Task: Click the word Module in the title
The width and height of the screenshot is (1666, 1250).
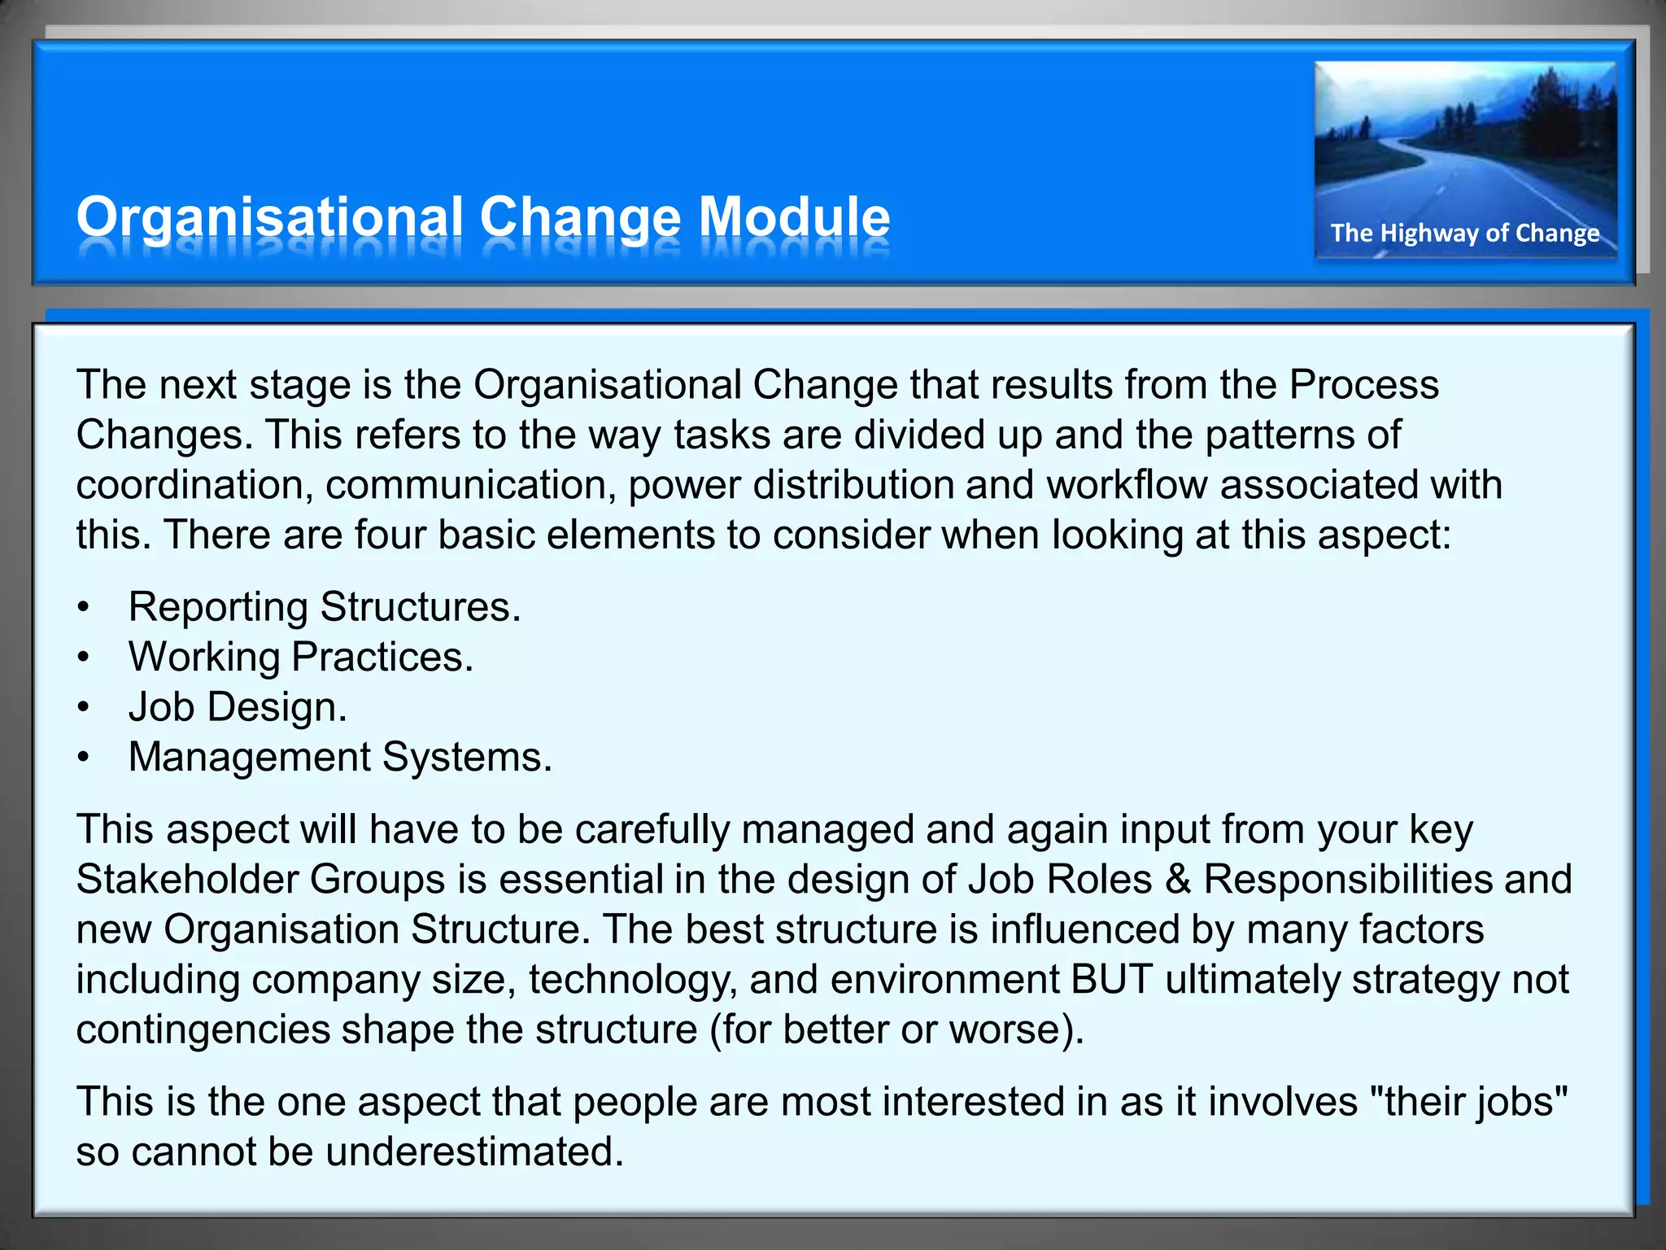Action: click(794, 217)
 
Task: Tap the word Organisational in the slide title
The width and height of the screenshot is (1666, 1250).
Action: click(269, 217)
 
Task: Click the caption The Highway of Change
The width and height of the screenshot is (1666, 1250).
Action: click(1465, 233)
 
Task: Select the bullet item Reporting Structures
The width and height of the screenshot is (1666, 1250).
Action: click(324, 607)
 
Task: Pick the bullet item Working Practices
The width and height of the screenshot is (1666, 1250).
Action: click(300, 657)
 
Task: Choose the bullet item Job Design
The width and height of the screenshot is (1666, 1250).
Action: click(238, 706)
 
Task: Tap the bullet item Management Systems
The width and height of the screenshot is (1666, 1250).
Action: click(340, 757)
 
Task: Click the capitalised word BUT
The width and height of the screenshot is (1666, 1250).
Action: click(1111, 979)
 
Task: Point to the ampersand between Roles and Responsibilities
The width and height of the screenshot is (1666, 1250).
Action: click(1178, 880)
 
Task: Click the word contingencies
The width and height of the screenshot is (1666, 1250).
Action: click(203, 1029)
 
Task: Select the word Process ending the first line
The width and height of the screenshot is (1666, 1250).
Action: click(1364, 385)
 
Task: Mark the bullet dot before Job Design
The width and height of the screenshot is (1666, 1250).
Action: click(83, 708)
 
